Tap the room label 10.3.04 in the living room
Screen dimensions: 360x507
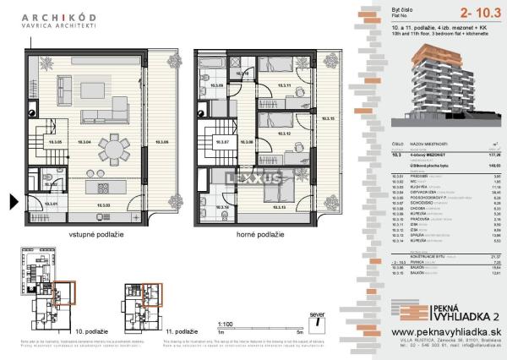pyautogui.click(x=84, y=142)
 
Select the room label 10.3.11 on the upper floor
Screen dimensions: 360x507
pyautogui.click(x=283, y=86)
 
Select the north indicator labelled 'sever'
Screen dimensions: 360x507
pyautogui.click(x=317, y=320)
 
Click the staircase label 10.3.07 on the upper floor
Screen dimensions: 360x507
pyautogui.click(x=222, y=142)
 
